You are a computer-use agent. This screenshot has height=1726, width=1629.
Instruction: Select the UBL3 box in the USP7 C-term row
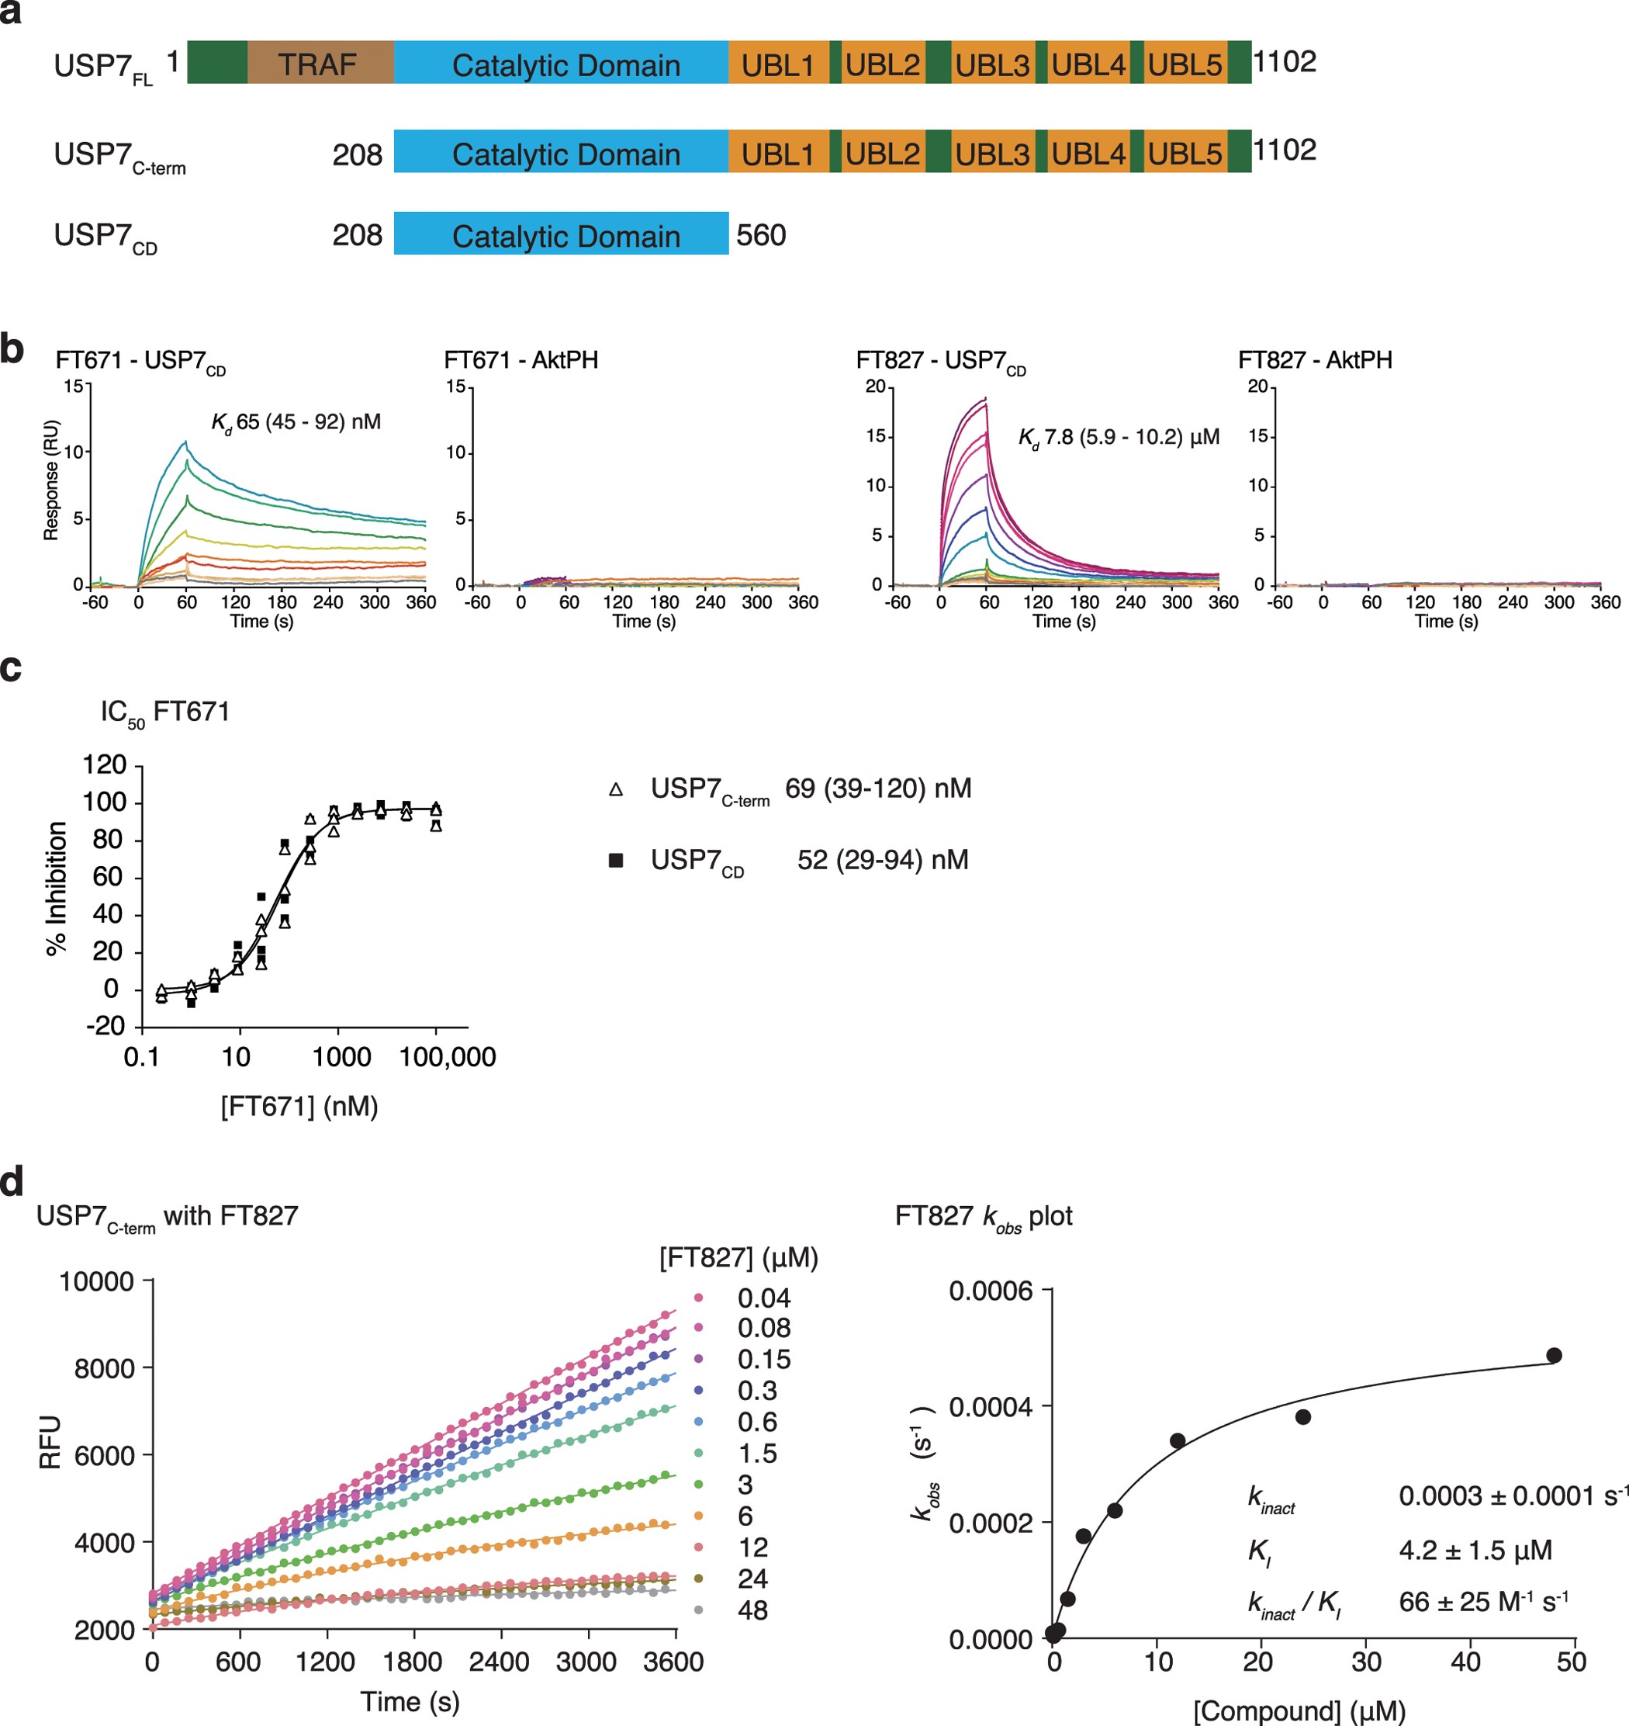pyautogui.click(x=991, y=153)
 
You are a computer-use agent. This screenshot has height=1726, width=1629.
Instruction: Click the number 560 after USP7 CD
pyautogui.click(x=761, y=235)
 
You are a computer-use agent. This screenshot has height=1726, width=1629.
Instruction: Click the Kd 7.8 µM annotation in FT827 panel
pyautogui.click(x=1119, y=437)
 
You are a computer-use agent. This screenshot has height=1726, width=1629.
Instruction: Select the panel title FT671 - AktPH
pyautogui.click(x=521, y=359)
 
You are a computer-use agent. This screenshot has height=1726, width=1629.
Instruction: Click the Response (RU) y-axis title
pyautogui.click(x=51, y=480)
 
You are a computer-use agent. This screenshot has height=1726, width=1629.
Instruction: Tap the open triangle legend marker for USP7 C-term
pyautogui.click(x=616, y=789)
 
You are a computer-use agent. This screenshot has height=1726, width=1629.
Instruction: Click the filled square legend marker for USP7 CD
pyautogui.click(x=616, y=861)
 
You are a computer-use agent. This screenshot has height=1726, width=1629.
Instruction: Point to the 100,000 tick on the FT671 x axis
pyautogui.click(x=447, y=1057)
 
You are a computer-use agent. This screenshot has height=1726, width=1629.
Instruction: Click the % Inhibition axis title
pyautogui.click(x=57, y=888)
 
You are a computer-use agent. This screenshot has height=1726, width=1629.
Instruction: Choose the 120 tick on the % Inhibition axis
pyautogui.click(x=104, y=764)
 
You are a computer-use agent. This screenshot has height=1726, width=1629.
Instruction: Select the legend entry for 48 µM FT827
pyautogui.click(x=752, y=1610)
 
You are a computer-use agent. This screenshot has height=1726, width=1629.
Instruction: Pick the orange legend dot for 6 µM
pyautogui.click(x=698, y=1516)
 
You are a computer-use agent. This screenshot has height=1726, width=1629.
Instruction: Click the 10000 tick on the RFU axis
pyautogui.click(x=95, y=1281)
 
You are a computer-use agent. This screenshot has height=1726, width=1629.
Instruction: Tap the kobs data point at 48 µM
pyautogui.click(x=1554, y=1355)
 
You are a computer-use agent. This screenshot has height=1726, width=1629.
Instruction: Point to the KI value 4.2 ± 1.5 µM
pyautogui.click(x=1475, y=1550)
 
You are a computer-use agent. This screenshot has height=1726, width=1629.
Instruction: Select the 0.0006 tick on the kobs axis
pyautogui.click(x=990, y=1291)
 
